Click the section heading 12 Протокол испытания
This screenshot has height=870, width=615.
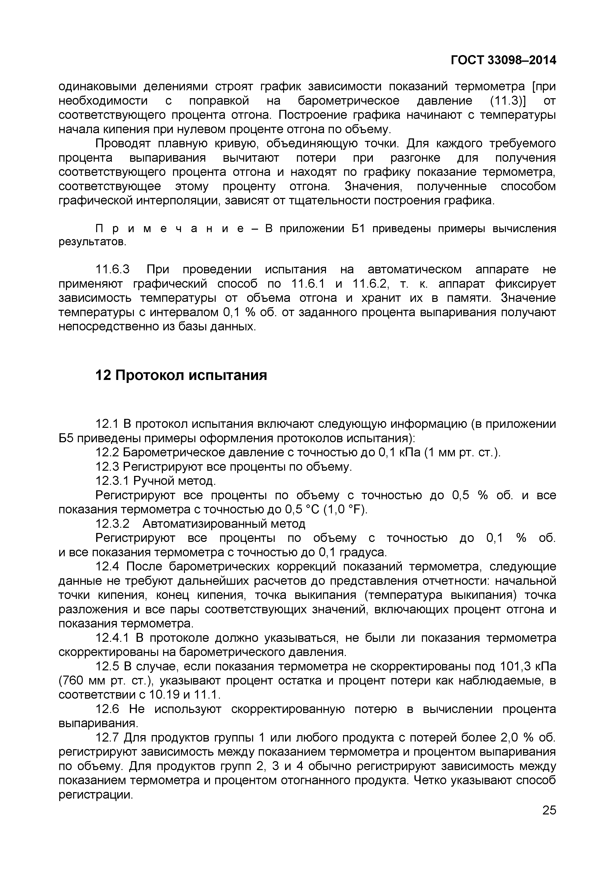tap(181, 375)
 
